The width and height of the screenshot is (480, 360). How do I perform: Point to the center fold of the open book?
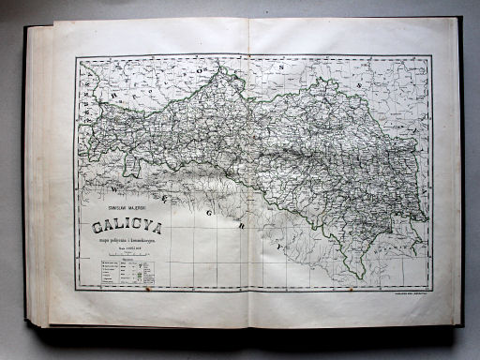[248, 178]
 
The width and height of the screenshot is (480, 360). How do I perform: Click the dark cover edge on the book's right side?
[460, 178]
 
